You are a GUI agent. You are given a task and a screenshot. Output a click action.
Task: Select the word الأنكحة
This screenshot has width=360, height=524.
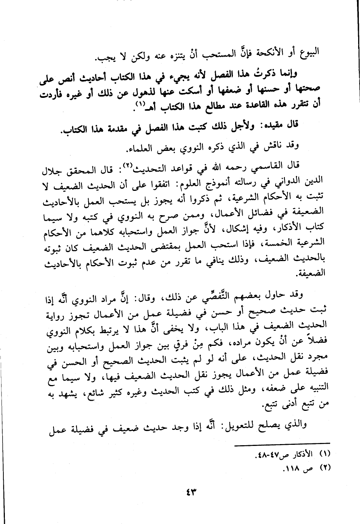coord(270,51)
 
